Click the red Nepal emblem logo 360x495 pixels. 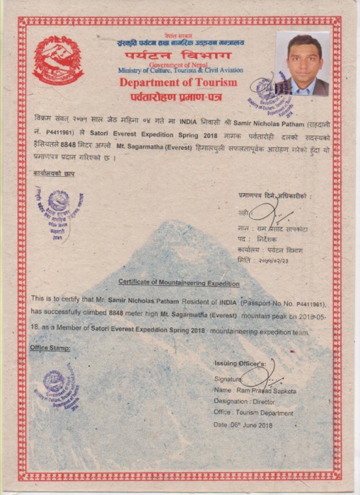tap(58, 59)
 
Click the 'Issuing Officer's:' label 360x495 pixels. tap(242, 363)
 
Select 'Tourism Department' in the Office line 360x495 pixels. tap(267, 413)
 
